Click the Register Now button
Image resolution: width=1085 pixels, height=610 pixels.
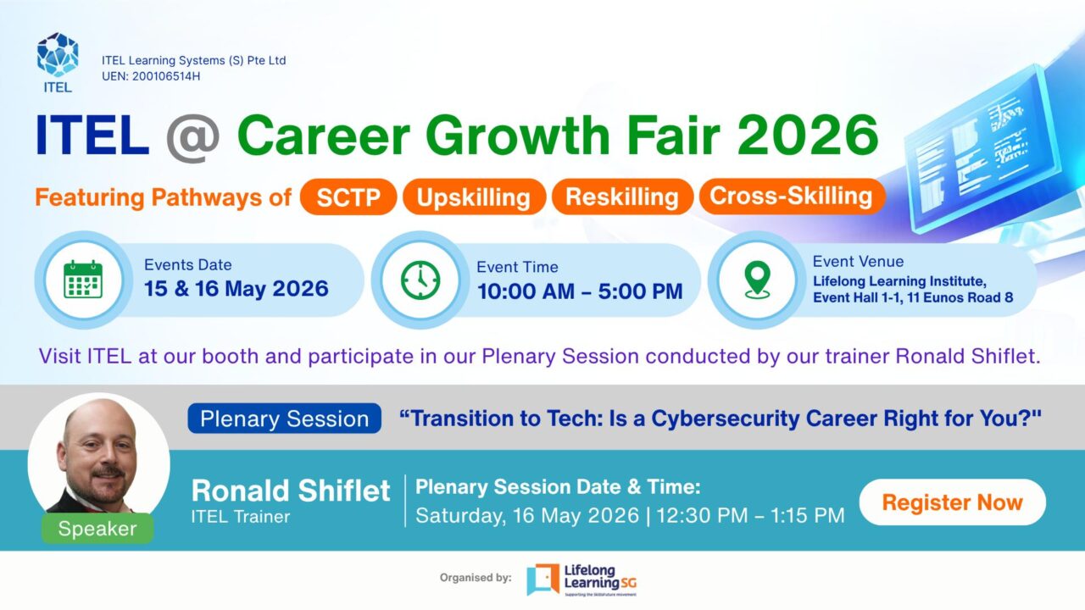tap(952, 502)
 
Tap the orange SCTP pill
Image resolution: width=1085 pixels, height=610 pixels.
tap(348, 197)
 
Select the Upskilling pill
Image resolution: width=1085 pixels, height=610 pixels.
tap(474, 197)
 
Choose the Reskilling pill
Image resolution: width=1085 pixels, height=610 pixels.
tap(622, 197)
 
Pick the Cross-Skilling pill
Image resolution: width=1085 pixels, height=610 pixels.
tap(792, 196)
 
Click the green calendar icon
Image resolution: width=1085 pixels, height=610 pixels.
tap(83, 280)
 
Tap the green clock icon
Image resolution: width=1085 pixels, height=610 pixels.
tap(420, 280)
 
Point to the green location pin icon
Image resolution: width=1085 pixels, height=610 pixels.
tap(757, 280)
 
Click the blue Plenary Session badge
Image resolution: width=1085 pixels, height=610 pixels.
tap(284, 419)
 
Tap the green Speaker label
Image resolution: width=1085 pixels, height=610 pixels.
tap(97, 528)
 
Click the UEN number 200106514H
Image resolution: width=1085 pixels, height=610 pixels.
tap(165, 76)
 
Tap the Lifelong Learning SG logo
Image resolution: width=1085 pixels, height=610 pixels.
tap(581, 579)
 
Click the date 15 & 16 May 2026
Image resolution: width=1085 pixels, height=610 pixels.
tap(236, 289)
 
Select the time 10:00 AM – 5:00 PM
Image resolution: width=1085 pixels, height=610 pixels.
tap(580, 291)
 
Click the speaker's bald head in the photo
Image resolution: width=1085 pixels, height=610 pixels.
tap(99, 421)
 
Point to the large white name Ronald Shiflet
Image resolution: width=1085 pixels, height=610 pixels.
tap(291, 491)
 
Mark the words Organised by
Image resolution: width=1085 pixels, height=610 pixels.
tap(476, 578)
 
